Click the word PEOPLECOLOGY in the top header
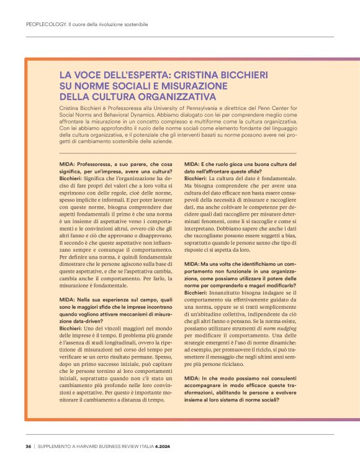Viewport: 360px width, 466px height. pyautogui.click(x=47, y=25)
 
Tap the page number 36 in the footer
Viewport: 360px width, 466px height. pyautogui.click(x=29, y=446)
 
